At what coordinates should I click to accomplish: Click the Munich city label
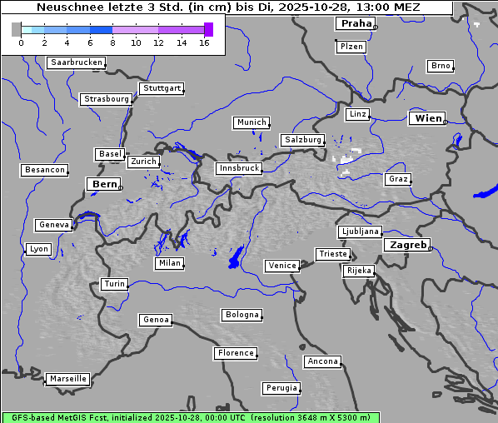pos(251,122)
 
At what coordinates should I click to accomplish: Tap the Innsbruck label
pos(239,168)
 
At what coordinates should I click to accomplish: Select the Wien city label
pos(428,118)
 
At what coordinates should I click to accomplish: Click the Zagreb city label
pos(406,245)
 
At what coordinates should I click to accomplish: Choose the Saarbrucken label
pos(76,62)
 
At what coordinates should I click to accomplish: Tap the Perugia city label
pos(281,388)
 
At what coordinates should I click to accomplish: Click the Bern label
pos(105,184)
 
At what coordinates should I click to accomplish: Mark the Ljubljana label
pos(360,231)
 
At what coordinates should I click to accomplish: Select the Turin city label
pos(114,284)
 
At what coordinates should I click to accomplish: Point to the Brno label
pos(440,66)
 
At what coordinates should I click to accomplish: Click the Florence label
pos(236,353)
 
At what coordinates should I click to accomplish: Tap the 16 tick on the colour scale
pos(204,42)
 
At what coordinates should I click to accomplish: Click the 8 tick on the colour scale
pos(112,42)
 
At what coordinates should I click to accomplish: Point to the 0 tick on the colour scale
pos(21,42)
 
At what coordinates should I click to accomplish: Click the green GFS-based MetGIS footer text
pos(192,417)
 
